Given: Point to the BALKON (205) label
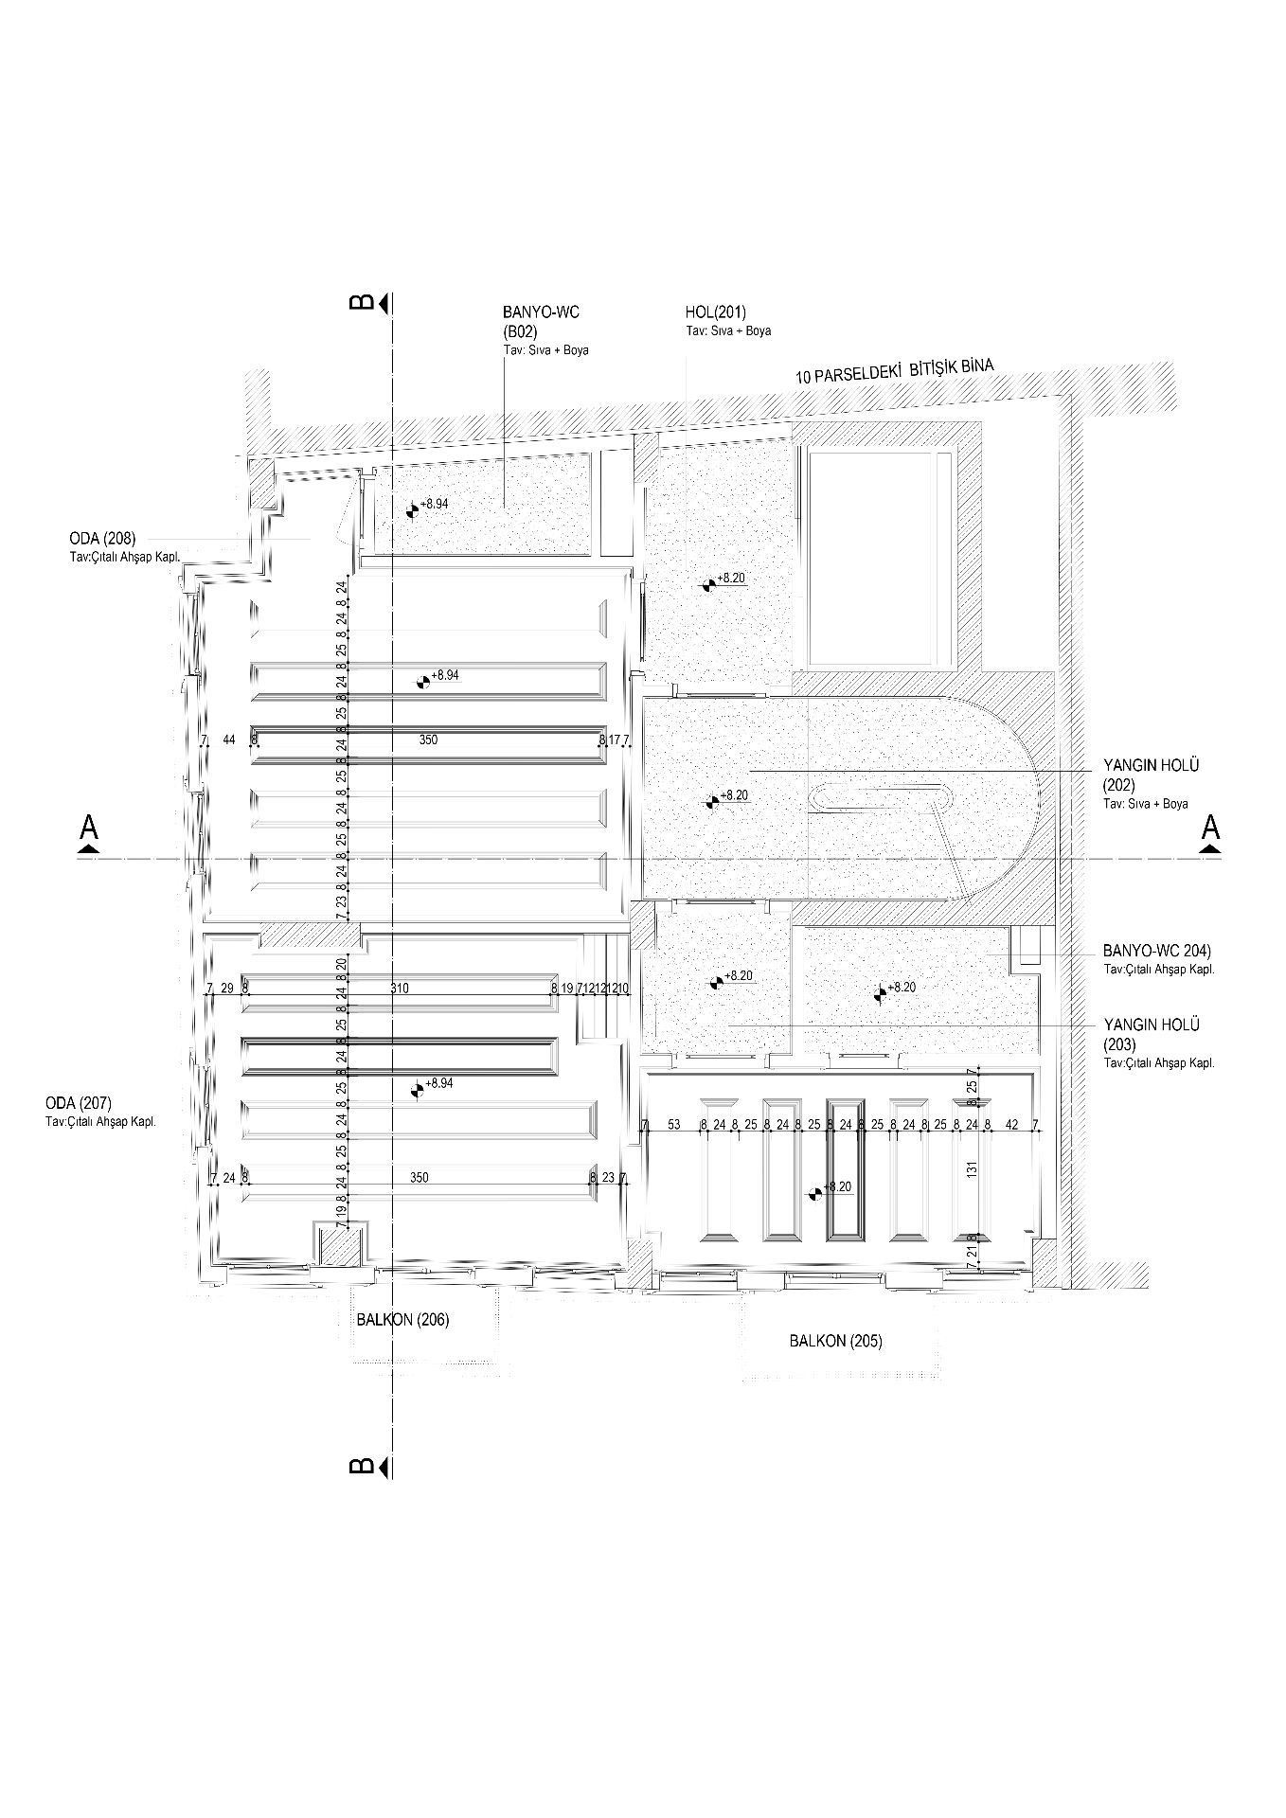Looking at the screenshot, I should click(x=835, y=1341).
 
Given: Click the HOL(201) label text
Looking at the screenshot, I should click(x=715, y=312).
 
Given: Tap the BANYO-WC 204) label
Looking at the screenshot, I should click(x=1157, y=951).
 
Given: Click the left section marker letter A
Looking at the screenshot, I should click(x=90, y=828).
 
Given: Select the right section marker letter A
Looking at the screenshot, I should click(x=1209, y=828).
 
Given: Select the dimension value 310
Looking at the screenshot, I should click(x=400, y=989).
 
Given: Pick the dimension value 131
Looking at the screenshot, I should click(x=972, y=1170).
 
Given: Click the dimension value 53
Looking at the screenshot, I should click(x=674, y=1125).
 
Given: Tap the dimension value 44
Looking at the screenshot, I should click(x=228, y=740).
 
